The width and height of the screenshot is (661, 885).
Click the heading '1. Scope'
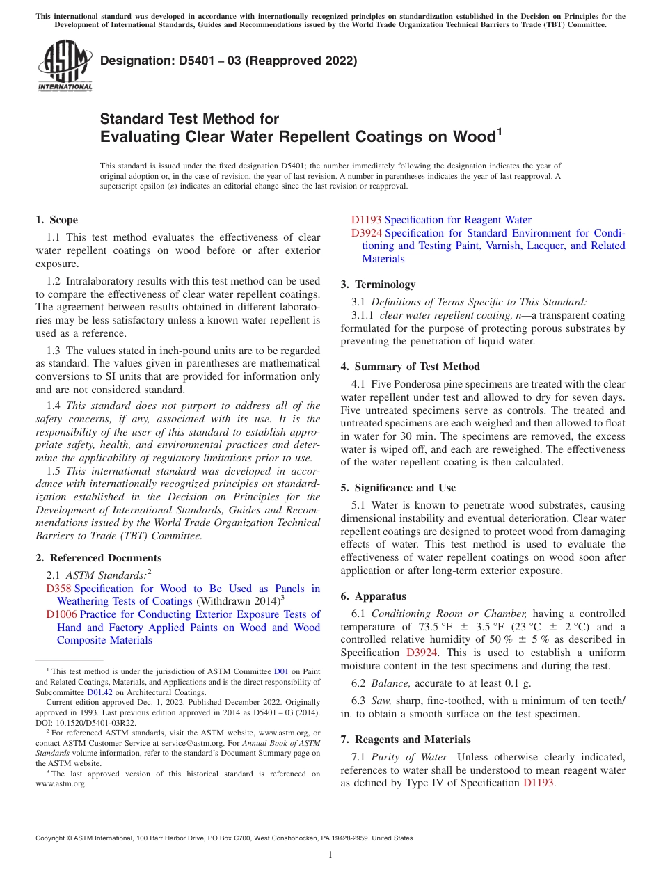(57, 220)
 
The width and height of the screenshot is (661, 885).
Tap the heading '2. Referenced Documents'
(99, 558)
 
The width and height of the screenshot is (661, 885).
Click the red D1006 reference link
(61, 614)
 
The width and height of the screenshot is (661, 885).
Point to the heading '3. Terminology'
(378, 285)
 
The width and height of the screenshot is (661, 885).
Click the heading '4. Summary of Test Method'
(411, 367)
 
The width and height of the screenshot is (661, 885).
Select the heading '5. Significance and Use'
(398, 488)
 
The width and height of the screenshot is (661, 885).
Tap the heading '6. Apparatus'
(373, 596)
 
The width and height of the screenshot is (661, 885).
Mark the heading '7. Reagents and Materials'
(406, 740)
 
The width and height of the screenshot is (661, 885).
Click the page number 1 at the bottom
(330, 854)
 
